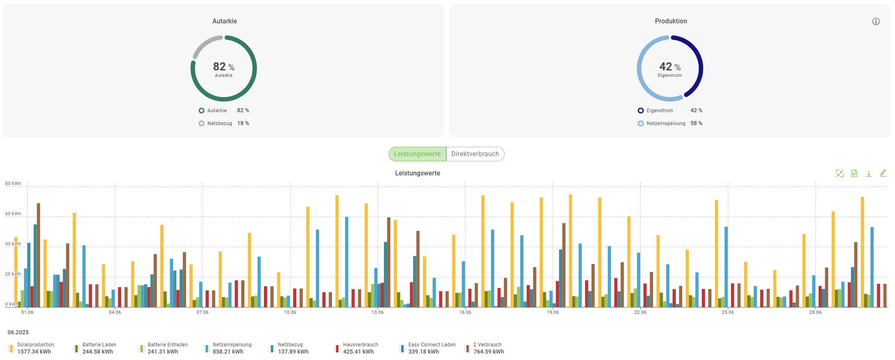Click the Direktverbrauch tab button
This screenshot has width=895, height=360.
point(475,154)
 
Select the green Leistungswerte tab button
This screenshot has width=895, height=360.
point(417,154)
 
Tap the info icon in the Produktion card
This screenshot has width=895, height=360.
point(876,21)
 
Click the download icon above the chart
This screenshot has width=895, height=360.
point(868,173)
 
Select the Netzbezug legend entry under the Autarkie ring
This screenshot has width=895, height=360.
point(220,123)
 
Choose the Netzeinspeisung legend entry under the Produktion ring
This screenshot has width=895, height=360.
point(666,123)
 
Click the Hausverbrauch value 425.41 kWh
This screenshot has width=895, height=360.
point(358,352)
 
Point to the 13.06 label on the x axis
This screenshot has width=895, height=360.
point(377,312)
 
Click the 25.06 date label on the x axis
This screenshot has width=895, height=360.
point(728,312)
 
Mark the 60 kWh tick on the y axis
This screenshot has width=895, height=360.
point(13,214)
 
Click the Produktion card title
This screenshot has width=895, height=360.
point(670,21)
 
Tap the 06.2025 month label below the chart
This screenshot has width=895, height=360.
point(18,332)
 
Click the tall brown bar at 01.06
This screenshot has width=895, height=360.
point(39,255)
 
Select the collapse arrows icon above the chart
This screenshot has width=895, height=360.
point(839,173)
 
